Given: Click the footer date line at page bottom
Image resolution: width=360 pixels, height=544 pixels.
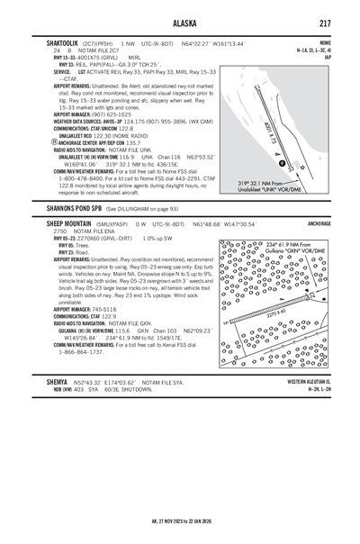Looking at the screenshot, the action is (180, 521).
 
